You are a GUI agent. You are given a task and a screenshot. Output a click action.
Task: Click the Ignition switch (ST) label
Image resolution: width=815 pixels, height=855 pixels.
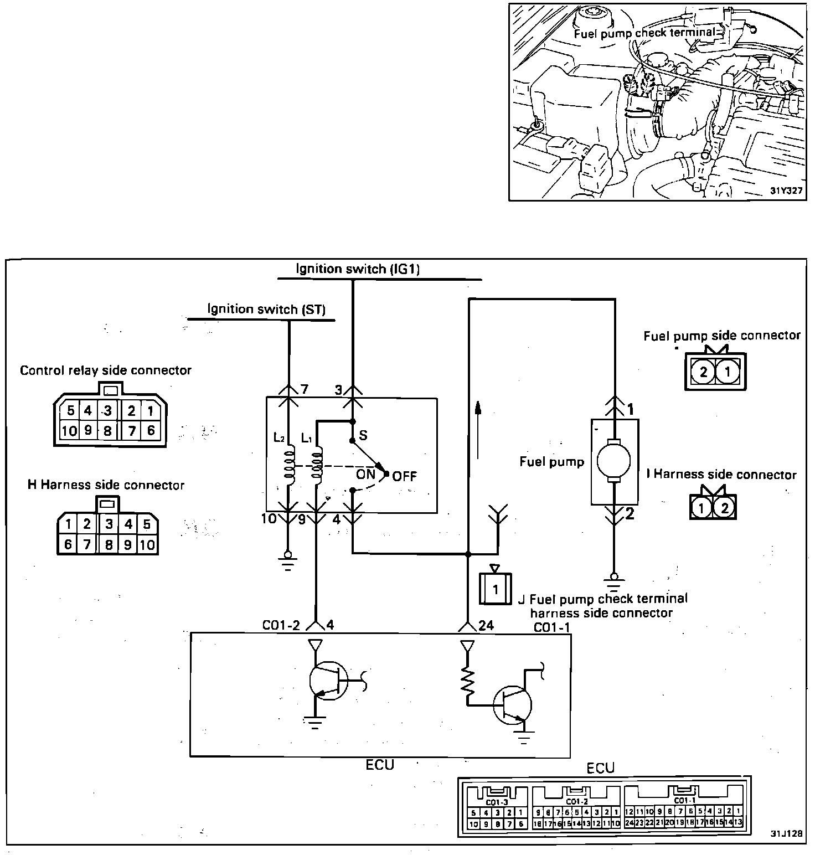[266, 309]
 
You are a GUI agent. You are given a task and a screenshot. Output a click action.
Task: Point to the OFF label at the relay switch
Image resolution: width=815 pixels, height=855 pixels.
[404, 476]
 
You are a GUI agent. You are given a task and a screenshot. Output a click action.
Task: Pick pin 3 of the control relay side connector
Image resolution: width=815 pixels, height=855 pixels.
[108, 411]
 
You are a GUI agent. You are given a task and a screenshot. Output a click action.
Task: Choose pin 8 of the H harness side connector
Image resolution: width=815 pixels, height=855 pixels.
[109, 545]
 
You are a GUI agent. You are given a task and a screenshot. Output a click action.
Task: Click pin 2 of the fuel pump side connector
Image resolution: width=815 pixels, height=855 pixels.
[703, 372]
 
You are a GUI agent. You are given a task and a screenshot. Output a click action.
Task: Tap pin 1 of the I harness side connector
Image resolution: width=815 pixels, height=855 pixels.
[701, 507]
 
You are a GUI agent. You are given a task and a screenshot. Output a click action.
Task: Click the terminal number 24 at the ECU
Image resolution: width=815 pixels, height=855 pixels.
[486, 625]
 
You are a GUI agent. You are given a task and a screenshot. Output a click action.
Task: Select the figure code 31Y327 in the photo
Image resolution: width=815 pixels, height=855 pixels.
[787, 191]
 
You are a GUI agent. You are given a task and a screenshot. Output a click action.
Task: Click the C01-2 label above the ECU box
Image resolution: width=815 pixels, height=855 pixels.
[281, 625]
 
